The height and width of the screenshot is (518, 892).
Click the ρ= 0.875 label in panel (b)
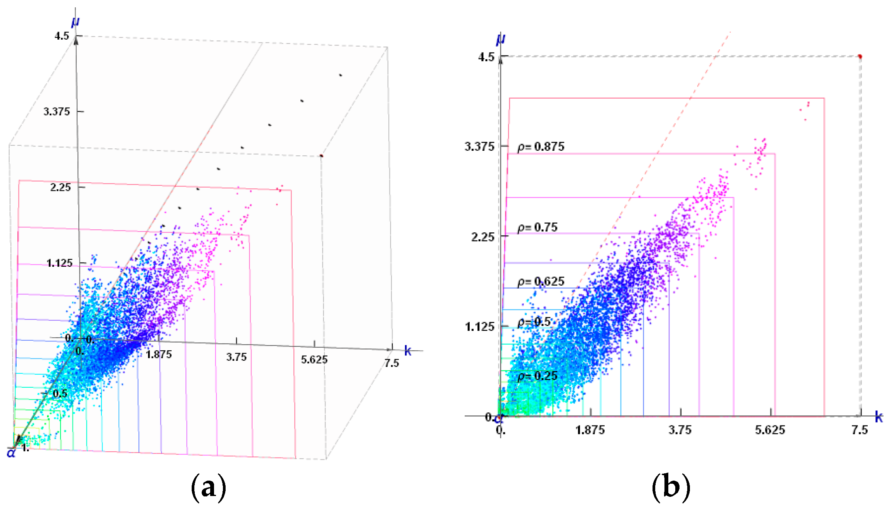click(541, 147)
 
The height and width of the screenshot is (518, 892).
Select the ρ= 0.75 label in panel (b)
click(537, 227)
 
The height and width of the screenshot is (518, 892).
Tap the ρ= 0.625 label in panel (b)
click(541, 282)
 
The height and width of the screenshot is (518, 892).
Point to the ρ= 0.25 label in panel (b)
click(537, 376)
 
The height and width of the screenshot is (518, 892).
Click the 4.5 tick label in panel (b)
click(486, 57)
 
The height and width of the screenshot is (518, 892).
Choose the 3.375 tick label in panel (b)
click(479, 146)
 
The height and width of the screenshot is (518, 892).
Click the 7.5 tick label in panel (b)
click(860, 430)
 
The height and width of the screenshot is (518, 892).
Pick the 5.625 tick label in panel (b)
click(770, 430)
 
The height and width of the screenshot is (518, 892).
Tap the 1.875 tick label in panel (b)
click(590, 430)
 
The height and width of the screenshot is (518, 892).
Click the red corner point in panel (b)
click(860, 57)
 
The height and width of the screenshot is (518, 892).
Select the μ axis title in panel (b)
click(501, 39)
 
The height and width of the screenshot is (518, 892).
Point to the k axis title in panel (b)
click(879, 417)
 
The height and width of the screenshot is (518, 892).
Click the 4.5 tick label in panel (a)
click(62, 36)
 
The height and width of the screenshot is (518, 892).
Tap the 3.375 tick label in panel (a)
click(57, 112)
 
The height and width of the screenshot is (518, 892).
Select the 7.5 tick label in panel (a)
click(391, 363)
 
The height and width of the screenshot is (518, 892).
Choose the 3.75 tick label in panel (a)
click(236, 357)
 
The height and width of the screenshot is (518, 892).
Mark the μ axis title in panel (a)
click(75, 21)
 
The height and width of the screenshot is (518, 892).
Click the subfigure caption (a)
click(208, 488)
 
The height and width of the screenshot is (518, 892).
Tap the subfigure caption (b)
click(671, 488)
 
